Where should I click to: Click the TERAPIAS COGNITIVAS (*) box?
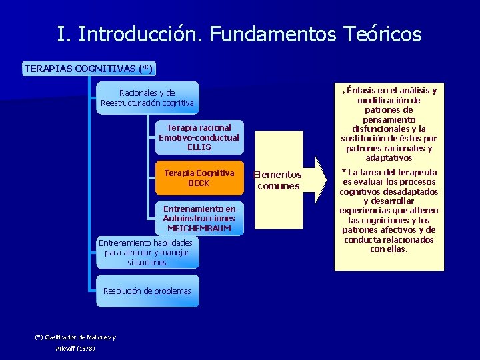point(89,68)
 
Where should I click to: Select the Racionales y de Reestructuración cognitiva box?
point(147,98)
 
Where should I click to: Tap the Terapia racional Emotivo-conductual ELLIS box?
point(199,137)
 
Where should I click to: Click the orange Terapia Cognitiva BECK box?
point(199,178)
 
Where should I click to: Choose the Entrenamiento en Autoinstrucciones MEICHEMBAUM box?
point(199,219)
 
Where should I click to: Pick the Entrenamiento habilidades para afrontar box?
point(145,253)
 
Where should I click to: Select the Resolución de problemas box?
point(147,291)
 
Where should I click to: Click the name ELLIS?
point(199,147)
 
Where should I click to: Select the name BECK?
point(199,183)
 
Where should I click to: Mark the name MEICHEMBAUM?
point(199,228)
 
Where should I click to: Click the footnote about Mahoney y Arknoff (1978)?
point(75,343)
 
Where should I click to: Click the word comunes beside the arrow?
point(279,186)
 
